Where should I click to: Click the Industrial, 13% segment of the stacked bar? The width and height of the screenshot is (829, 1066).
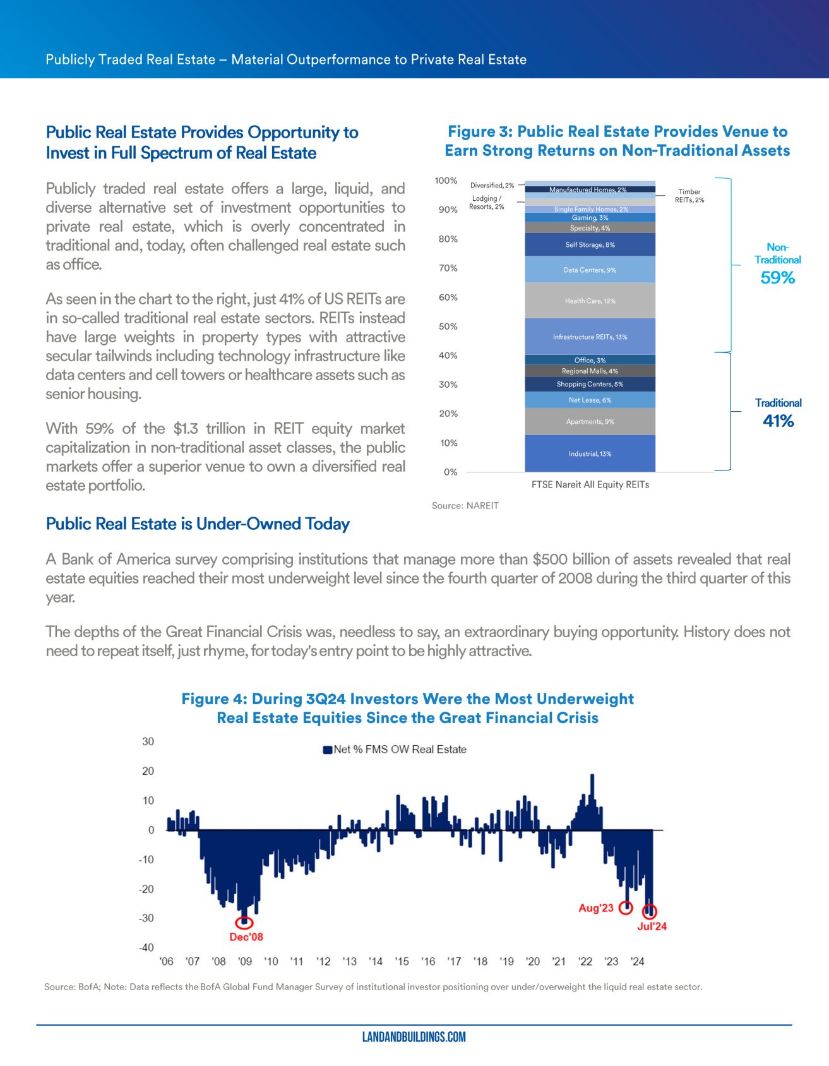590,453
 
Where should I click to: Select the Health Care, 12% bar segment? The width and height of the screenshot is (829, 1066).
590,301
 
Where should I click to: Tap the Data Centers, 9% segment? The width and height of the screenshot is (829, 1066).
590,270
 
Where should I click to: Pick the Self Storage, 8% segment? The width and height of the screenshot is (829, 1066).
590,244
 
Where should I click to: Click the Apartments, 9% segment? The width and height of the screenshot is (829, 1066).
590,421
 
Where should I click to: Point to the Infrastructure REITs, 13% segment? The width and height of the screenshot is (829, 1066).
590,337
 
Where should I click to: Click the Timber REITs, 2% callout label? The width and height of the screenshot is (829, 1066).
689,196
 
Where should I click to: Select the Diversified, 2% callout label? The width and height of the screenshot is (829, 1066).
492,185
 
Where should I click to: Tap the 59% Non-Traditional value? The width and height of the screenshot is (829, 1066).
777,278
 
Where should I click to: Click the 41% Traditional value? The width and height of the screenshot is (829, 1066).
778,421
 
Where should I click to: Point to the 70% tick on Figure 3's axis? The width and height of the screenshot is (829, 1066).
448,268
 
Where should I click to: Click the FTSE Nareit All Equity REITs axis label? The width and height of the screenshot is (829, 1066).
590,484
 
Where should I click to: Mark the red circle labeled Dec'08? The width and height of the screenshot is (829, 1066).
244,923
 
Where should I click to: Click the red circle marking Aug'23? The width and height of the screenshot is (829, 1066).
625,908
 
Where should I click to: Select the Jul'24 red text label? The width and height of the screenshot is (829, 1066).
652,926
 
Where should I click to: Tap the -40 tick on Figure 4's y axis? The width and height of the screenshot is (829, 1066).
146,947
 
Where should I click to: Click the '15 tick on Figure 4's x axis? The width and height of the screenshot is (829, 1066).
402,961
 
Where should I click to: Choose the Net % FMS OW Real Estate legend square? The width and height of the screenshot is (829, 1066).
327,750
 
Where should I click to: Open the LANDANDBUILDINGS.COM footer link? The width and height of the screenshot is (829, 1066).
414,1037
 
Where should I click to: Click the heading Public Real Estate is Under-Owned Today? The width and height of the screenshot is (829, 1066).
198,524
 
